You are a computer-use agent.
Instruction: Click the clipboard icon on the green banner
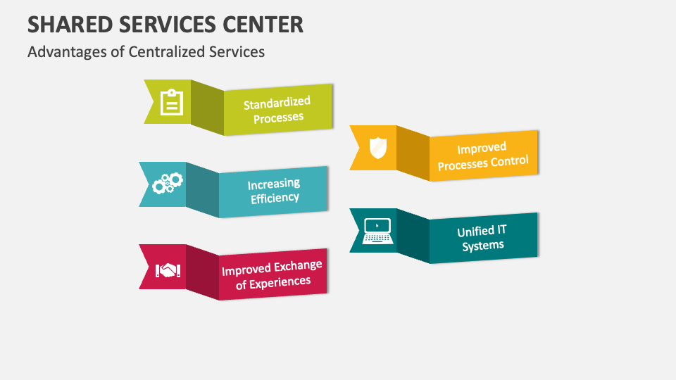coord(171,102)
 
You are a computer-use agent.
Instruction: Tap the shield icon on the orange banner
coord(377,148)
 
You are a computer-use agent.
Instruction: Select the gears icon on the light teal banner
coord(168,184)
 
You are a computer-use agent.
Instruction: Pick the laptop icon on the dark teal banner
coord(377,231)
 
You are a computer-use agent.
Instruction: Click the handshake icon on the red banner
coord(168,270)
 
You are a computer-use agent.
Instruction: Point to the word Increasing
coord(273,184)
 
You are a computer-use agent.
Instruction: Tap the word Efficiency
coord(275,198)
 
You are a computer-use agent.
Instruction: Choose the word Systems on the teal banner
coord(483,246)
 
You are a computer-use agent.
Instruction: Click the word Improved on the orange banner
coord(482,148)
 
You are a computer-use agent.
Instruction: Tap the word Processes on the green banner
coord(278,118)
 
